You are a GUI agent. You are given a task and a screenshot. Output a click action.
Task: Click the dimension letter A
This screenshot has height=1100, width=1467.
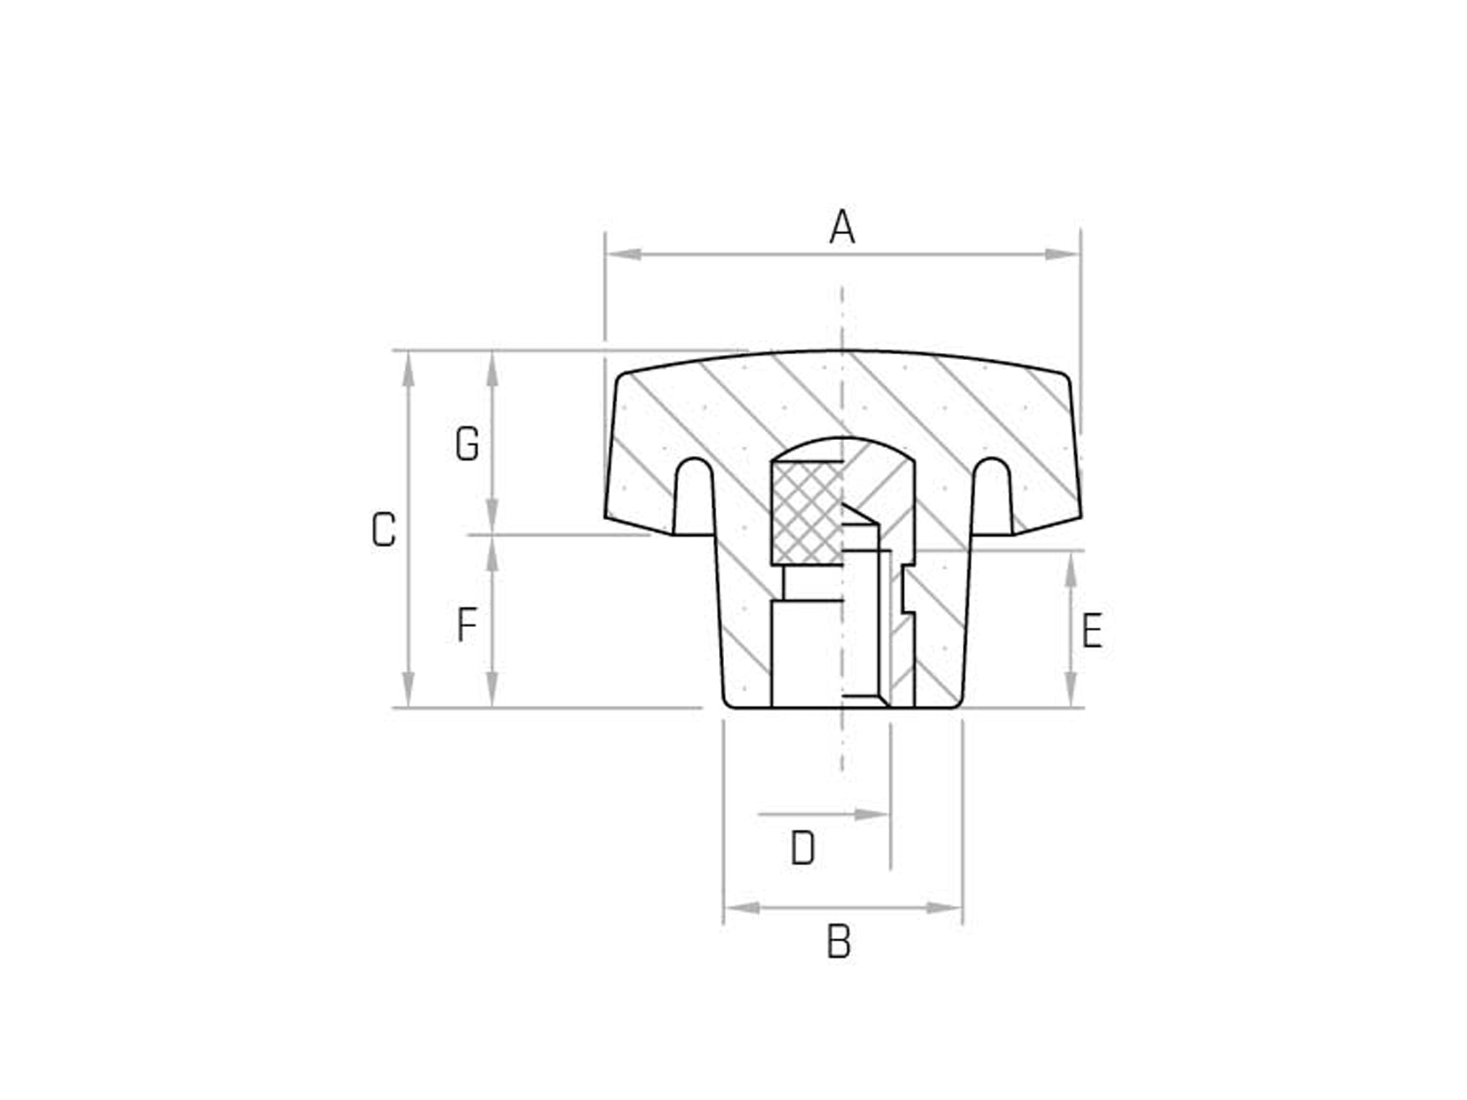(x=842, y=227)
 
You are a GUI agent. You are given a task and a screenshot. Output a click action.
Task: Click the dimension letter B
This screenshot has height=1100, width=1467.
(x=838, y=942)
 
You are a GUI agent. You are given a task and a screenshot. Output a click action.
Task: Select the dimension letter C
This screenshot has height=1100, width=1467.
(x=383, y=530)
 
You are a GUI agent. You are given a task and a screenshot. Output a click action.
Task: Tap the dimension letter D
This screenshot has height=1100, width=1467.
(x=803, y=848)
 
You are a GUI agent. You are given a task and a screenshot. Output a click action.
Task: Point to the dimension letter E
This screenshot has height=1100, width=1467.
(x=1092, y=631)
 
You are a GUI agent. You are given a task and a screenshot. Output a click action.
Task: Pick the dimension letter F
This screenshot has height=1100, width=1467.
(x=466, y=625)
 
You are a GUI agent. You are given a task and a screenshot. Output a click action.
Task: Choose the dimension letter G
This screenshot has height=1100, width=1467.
(x=466, y=444)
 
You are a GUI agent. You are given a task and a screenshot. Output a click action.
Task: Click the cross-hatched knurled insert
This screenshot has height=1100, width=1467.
(x=806, y=513)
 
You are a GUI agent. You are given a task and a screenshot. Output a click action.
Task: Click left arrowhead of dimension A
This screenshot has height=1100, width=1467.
(x=623, y=254)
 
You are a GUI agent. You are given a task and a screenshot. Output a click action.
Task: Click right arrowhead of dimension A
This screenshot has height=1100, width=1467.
(x=1062, y=254)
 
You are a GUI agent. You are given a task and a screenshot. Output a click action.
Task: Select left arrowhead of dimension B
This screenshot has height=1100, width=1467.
(x=742, y=908)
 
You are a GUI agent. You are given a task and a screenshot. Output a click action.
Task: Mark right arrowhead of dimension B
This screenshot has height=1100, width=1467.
(x=945, y=908)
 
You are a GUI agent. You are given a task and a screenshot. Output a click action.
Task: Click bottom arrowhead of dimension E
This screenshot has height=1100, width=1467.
(x=1070, y=688)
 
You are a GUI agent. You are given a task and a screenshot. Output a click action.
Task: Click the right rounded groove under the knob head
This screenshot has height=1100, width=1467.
(x=992, y=495)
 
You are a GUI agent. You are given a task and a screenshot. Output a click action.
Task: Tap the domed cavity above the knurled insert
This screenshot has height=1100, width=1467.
(x=843, y=450)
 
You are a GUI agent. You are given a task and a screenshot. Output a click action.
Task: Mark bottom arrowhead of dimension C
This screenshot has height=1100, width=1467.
(x=408, y=688)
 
